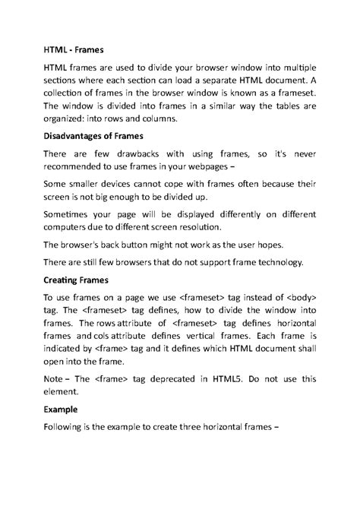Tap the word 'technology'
pyautogui.click(x=270, y=263)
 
